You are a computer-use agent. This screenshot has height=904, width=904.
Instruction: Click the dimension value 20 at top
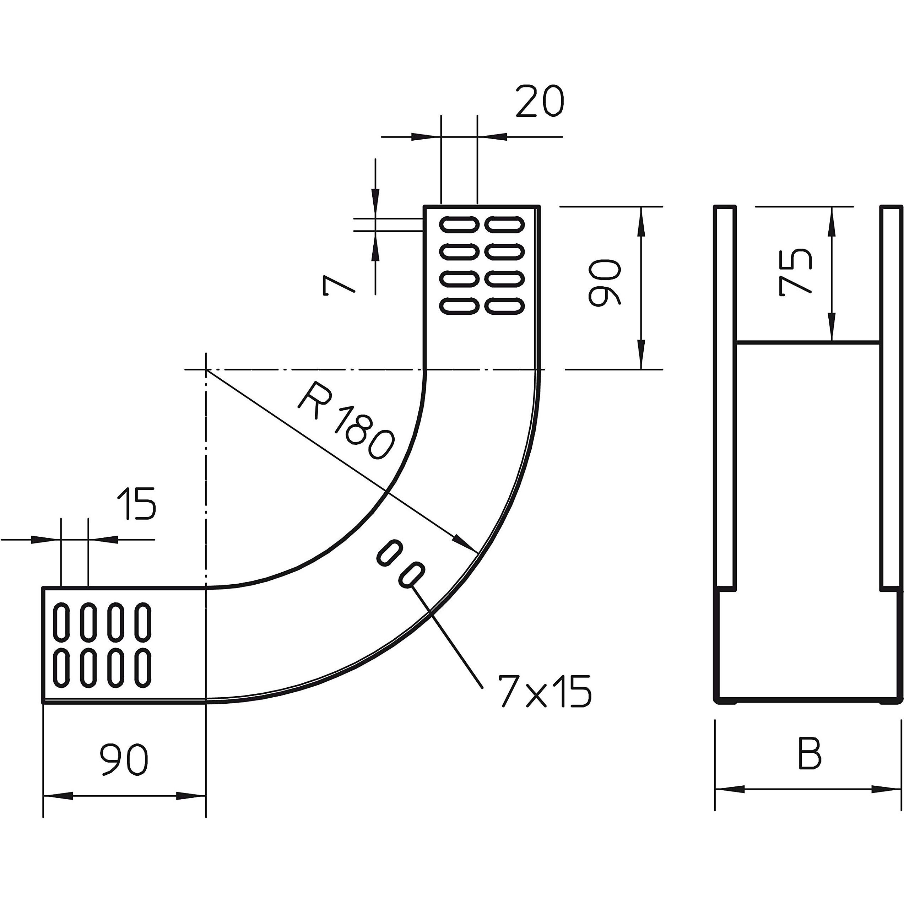[x=540, y=101]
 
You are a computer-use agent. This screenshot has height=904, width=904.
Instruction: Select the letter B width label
[x=810, y=754]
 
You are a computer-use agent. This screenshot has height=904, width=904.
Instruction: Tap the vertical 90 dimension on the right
[x=605, y=283]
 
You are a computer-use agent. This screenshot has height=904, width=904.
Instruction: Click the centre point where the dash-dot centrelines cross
[x=206, y=370]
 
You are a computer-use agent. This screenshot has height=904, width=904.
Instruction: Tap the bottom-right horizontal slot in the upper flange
[x=504, y=307]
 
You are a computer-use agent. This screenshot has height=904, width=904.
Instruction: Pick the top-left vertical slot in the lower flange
[x=61, y=622]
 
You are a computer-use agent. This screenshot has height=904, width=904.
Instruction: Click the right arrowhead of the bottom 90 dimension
[x=192, y=795]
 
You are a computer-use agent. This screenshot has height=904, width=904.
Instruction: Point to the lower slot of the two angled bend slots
[x=412, y=575]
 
